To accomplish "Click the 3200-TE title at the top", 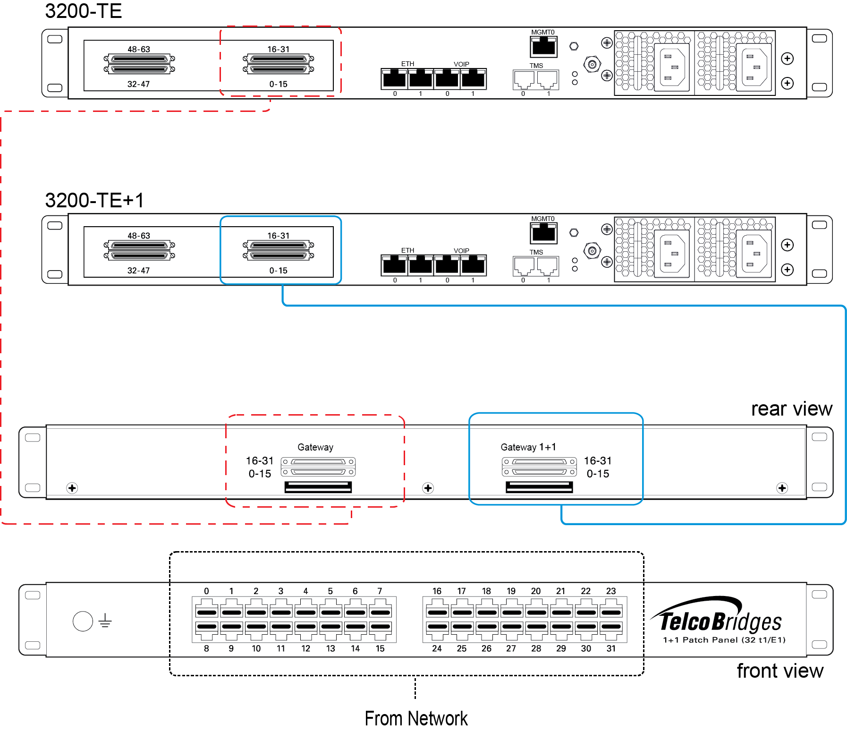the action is coord(83,11).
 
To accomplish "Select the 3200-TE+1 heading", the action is coord(94,200).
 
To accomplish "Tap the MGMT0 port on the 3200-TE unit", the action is coord(543,47).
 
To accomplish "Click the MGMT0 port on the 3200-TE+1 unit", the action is coord(543,233).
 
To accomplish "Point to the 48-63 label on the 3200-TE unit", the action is coord(139,49).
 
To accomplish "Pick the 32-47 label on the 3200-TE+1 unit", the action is coord(138,271).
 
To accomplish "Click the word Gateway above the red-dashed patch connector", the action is coord(315,447).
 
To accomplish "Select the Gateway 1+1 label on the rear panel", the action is coord(528,447).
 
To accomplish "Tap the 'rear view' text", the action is coord(792,409).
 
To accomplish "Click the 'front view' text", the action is coord(780,671).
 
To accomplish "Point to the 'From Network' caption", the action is coord(416,718).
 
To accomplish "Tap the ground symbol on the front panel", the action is coord(105,621).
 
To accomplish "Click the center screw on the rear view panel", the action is coord(428,488).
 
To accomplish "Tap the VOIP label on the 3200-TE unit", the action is coord(461,64).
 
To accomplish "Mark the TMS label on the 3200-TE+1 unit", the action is coord(536,252).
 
